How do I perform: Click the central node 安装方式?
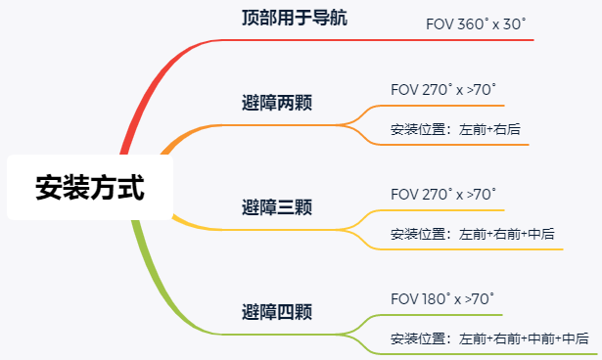coord(90,187)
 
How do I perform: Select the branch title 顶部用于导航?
coord(295,18)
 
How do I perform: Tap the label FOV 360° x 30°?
coord(476,24)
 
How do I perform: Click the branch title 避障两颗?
coord(277,103)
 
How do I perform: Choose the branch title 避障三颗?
coord(277,207)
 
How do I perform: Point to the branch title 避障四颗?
coord(277,312)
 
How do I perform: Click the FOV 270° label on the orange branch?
coord(443,90)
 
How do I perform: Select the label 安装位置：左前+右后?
coord(455,129)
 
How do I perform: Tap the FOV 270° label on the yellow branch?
coord(443,195)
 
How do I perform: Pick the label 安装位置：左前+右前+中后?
coord(473,234)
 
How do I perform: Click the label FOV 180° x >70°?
coord(442,299)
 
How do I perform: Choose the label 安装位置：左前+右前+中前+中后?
coord(489,338)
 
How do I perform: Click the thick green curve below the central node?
coord(162,292)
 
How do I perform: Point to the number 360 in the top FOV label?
coord(471,24)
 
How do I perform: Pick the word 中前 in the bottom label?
coord(541,338)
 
